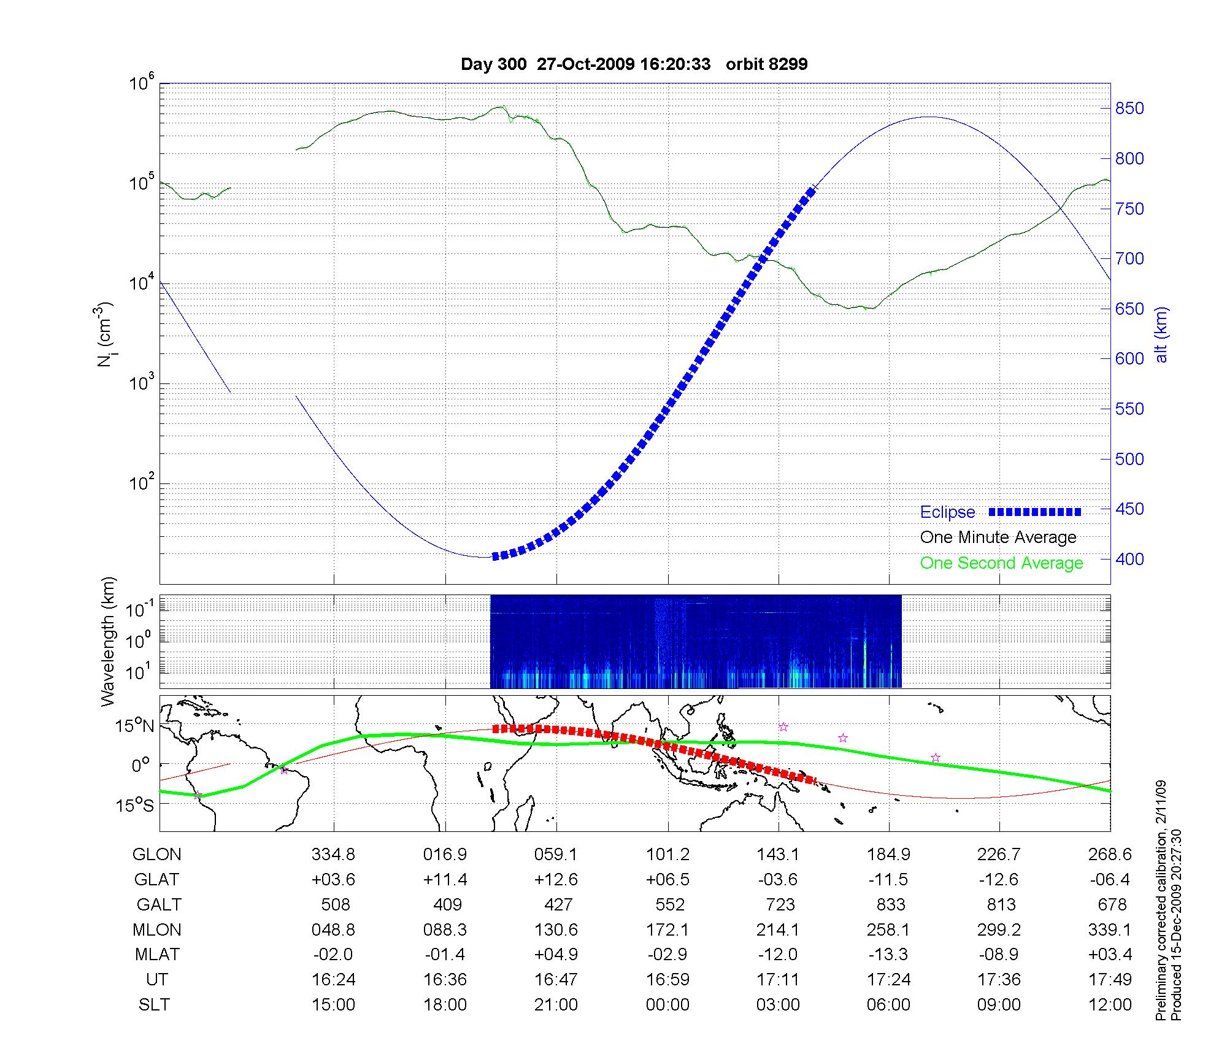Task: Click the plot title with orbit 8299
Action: [x=634, y=64]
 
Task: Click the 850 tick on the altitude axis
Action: [x=1129, y=109]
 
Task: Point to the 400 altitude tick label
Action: [x=1129, y=559]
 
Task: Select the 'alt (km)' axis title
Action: [x=1161, y=334]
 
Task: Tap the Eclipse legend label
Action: [x=947, y=512]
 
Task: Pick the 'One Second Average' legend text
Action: [x=1001, y=563]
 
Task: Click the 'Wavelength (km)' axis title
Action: [x=109, y=642]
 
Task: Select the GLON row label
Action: [x=157, y=855]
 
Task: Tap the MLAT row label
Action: [x=157, y=955]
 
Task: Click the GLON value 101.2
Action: [x=667, y=855]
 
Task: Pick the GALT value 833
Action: [x=890, y=904]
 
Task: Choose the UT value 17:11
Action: [x=778, y=980]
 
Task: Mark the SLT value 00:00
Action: [x=667, y=1005]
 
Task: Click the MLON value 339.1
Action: [x=1110, y=929]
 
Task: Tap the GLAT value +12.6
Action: [x=556, y=880]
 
